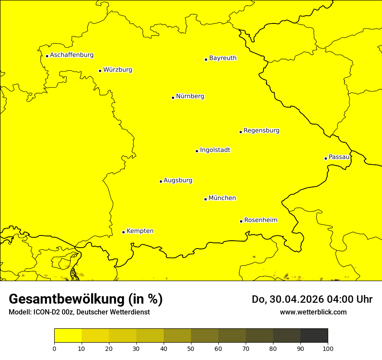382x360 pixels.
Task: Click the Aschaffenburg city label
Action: point(72,55)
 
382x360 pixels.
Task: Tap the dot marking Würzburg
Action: point(100,71)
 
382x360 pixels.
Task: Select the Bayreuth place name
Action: point(223,58)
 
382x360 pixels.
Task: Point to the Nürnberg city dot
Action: point(173,98)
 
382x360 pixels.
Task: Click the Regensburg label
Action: point(261,131)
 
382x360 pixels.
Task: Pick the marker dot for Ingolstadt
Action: point(197,151)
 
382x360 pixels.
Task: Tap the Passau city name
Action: point(339,157)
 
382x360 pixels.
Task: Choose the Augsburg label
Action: point(178,180)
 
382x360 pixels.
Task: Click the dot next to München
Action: point(205,199)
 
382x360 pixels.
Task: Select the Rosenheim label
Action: point(260,220)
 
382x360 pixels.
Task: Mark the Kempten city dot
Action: point(123,232)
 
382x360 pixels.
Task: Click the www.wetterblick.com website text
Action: point(313,312)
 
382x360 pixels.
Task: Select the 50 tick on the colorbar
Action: point(191,348)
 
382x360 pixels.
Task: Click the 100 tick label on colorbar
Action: point(328,348)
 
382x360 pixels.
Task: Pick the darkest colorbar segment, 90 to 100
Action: point(314,336)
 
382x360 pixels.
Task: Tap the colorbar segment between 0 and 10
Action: point(68,336)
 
